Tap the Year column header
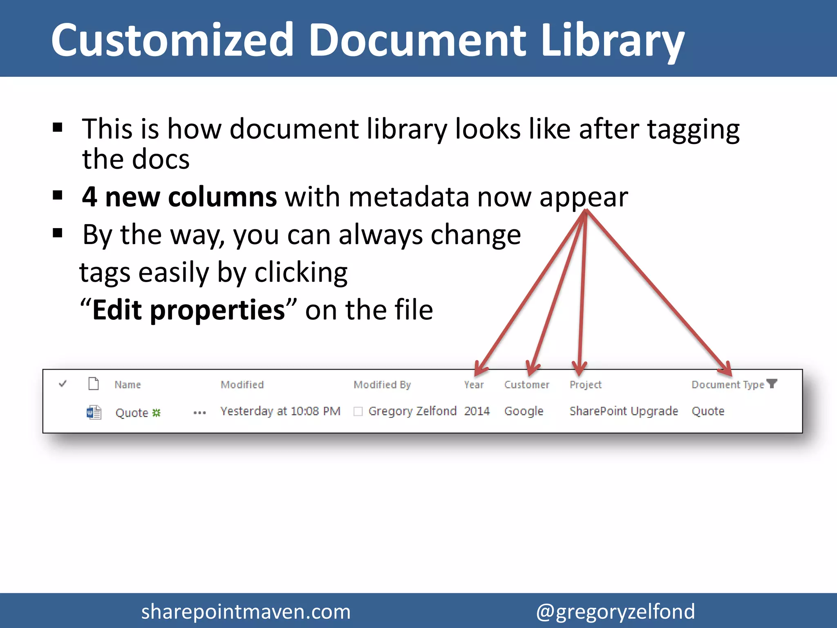click(474, 385)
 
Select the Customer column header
click(526, 385)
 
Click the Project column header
click(585, 385)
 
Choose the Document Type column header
click(727, 385)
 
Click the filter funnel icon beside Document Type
click(772, 384)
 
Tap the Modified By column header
click(382, 385)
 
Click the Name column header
click(128, 385)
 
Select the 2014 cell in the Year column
click(477, 411)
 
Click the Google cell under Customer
click(524, 411)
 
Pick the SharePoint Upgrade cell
click(624, 411)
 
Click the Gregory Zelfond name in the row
click(412, 411)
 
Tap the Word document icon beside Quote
click(94, 412)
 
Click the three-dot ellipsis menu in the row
click(199, 413)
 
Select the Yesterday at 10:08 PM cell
click(280, 411)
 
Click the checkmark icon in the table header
click(63, 384)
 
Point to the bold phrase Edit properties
click(188, 310)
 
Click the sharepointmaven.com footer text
click(246, 612)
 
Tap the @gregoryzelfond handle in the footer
click(615, 612)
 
